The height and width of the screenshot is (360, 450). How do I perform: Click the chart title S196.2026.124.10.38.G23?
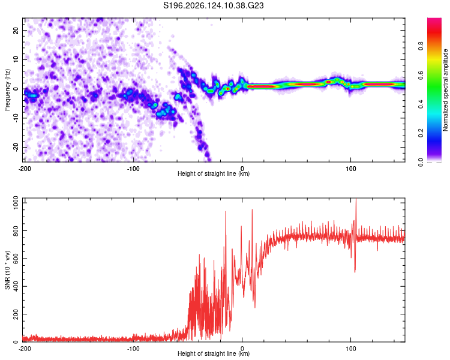tap(213, 5)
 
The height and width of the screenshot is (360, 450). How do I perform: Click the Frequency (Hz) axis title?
tap(7, 90)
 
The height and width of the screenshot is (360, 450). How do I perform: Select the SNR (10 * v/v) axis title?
tap(7, 270)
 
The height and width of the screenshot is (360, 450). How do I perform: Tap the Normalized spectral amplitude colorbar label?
tap(445, 90)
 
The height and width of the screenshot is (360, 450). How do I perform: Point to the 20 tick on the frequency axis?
tap(16, 30)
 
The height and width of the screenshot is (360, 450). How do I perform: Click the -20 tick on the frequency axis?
tap(16, 148)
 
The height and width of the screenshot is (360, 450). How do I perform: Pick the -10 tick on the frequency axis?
tap(16, 118)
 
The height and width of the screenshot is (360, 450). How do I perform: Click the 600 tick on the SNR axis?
tap(16, 259)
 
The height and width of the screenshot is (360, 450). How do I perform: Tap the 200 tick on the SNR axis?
tap(16, 314)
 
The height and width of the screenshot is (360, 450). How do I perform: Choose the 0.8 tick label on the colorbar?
tap(421, 46)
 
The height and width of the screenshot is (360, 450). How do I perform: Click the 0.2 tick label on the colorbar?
tap(421, 133)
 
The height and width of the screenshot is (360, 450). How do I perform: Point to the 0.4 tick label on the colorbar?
tap(421, 104)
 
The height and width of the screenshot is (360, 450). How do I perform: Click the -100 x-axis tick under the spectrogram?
tap(133, 169)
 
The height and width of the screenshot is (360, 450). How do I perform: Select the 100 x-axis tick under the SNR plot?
tap(350, 349)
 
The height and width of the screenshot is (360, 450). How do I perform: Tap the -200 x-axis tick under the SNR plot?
tap(25, 349)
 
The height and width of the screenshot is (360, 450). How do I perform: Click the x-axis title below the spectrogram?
tap(214, 173)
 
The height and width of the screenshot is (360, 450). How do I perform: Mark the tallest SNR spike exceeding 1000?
tap(356, 200)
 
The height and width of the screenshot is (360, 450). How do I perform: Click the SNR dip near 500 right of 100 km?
tap(355, 271)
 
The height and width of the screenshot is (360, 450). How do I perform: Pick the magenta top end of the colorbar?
tap(434, 20)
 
